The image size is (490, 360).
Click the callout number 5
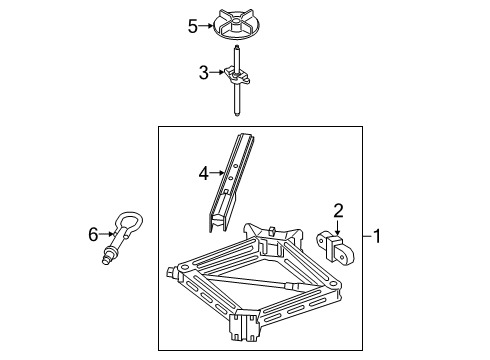coord(193,26)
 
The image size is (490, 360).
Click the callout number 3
coord(203,72)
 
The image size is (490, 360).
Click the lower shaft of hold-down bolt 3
coord(238,100)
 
